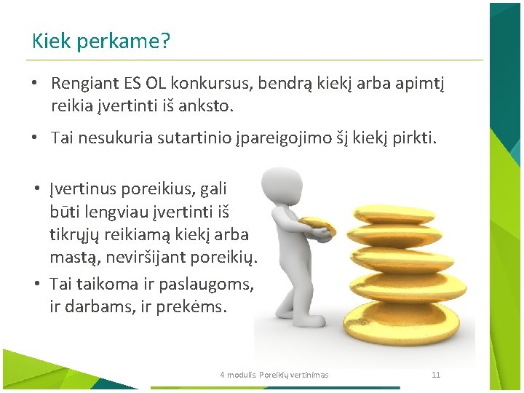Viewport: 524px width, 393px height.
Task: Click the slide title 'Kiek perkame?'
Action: [x=101, y=41]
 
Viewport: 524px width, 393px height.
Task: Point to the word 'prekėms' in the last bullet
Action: [x=197, y=306]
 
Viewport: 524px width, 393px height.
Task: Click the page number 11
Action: [x=436, y=375]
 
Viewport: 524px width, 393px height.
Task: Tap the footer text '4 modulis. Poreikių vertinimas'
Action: [x=274, y=375]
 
